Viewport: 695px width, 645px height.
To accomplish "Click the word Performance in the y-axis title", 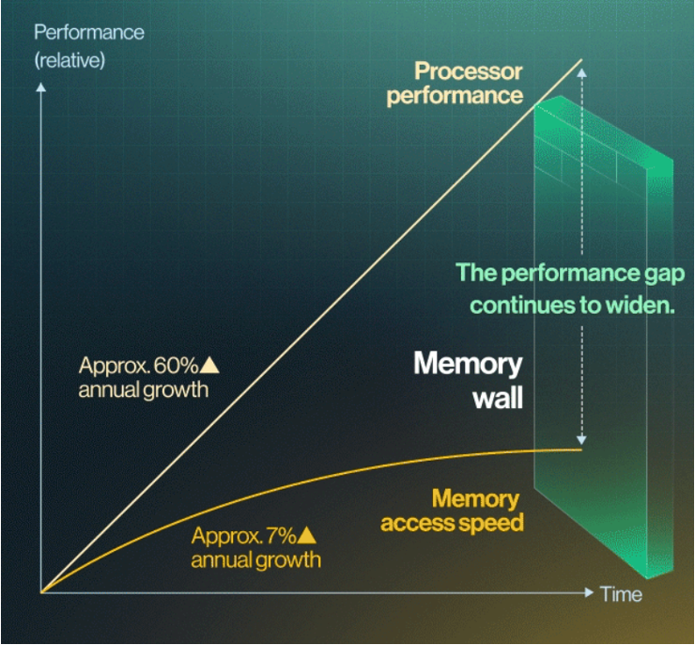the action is pos(89,32).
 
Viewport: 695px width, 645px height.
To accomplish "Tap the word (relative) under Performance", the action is pos(69,60).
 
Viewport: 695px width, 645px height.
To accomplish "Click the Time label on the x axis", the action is pos(621,594).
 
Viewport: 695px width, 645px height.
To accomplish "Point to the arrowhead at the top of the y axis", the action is pos(40,87).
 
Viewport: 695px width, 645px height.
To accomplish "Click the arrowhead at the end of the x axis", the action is pos(589,592).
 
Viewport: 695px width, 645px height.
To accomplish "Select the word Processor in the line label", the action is pos(469,71).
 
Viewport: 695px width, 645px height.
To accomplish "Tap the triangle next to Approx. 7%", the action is pos(306,535).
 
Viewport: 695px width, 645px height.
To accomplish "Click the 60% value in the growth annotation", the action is pos(176,366).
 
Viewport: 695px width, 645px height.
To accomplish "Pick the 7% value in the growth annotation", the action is pos(281,536).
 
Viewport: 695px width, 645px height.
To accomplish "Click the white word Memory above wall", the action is pos(468,364).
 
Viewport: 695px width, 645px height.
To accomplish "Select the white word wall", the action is pos(498,398).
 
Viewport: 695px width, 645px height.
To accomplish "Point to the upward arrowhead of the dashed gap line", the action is pos(582,73).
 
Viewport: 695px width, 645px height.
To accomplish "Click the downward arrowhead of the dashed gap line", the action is pos(581,440).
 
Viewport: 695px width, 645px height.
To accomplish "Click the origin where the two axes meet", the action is pos(40,592).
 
